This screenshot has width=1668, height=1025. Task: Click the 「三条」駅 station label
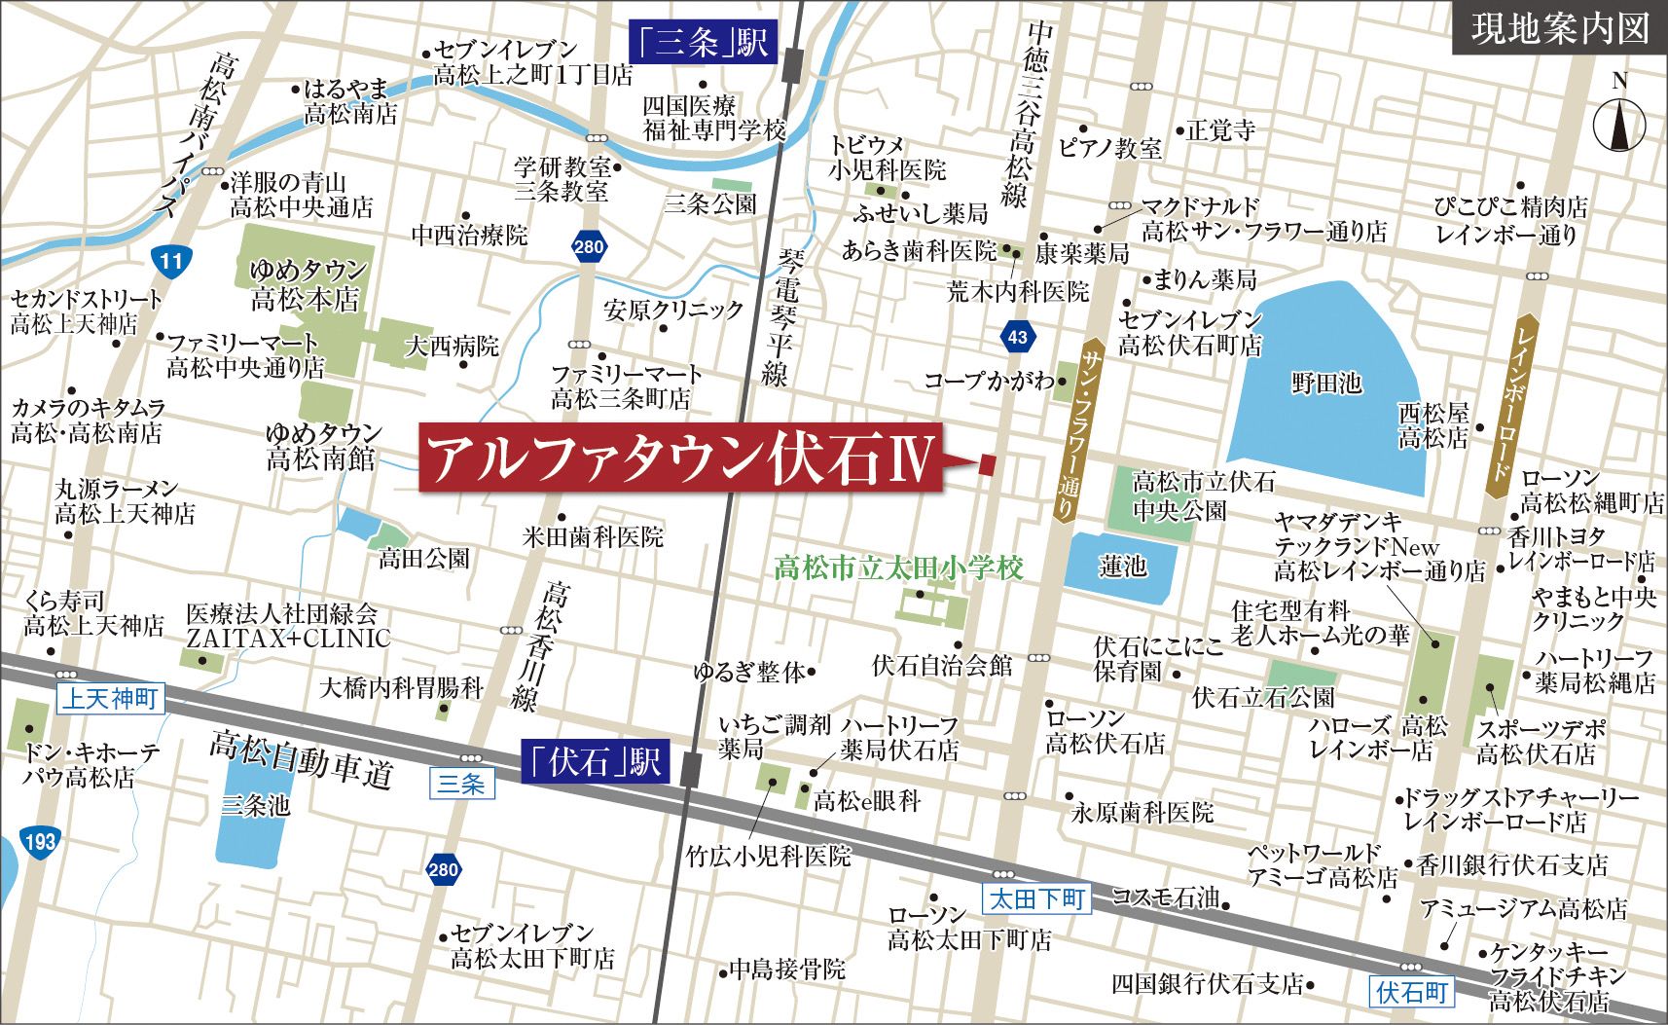pyautogui.click(x=704, y=43)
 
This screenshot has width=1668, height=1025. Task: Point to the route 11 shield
pyautogui.click(x=171, y=260)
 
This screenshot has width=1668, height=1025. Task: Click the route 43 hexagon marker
pyautogui.click(x=1017, y=337)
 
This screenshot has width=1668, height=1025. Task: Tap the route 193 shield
pyautogui.click(x=39, y=841)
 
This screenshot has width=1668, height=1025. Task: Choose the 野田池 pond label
pyautogui.click(x=1326, y=383)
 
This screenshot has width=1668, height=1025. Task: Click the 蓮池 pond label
pyautogui.click(x=1122, y=566)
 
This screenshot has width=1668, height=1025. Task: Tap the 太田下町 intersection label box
pyautogui.click(x=1036, y=898)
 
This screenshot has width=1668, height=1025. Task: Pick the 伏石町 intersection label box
pyautogui.click(x=1411, y=992)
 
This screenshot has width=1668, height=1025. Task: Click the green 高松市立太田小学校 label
pyautogui.click(x=898, y=567)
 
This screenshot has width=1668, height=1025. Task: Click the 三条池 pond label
pyautogui.click(x=255, y=805)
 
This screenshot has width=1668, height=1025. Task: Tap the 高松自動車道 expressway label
pyautogui.click(x=302, y=758)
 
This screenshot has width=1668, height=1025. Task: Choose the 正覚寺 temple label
pyautogui.click(x=1220, y=130)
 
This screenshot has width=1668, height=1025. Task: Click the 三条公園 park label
pyautogui.click(x=709, y=203)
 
